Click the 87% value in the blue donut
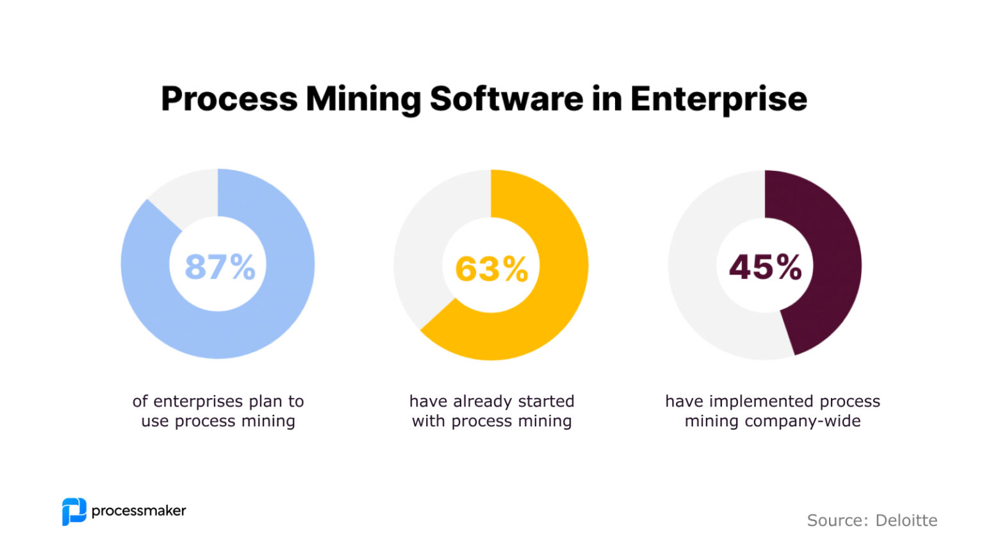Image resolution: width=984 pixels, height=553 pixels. pyautogui.click(x=220, y=267)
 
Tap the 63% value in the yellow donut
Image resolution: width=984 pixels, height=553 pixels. pyautogui.click(x=491, y=269)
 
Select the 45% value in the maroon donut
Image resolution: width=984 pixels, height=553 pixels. pyautogui.click(x=765, y=267)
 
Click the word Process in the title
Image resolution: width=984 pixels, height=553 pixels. pyautogui.click(x=229, y=99)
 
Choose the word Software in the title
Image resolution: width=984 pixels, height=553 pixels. pyautogui.click(x=505, y=99)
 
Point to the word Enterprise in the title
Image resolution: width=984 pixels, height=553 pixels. pyautogui.click(x=718, y=99)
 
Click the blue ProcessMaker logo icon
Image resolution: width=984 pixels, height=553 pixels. pyautogui.click(x=74, y=511)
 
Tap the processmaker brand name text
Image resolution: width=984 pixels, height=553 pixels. pyautogui.click(x=138, y=511)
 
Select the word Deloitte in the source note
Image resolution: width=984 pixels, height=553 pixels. pyautogui.click(x=906, y=520)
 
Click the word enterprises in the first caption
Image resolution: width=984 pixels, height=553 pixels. pyautogui.click(x=198, y=401)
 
